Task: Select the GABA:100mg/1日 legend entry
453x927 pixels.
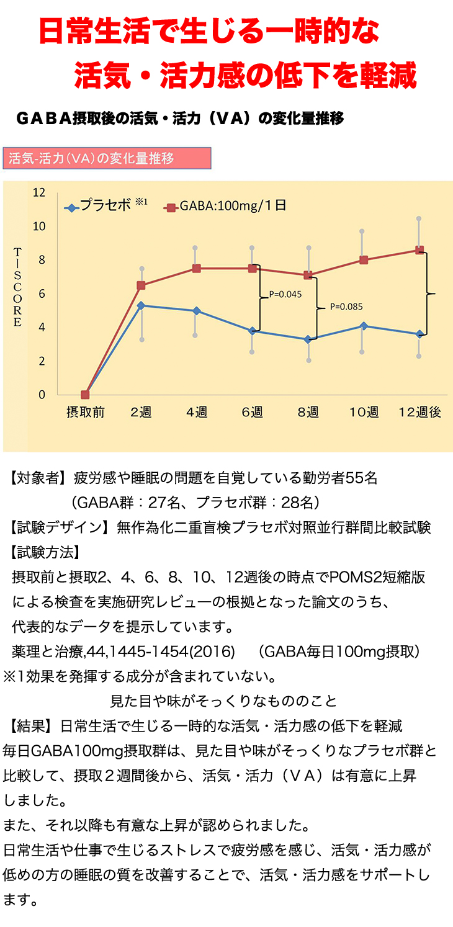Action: coord(226,206)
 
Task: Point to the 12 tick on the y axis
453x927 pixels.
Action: coord(39,192)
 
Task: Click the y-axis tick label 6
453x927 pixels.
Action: coord(42,293)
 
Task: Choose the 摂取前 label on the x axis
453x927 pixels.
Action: coord(85,413)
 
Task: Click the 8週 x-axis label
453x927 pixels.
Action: coord(308,413)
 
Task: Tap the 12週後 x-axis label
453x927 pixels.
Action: coord(419,413)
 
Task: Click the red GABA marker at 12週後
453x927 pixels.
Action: coord(419,250)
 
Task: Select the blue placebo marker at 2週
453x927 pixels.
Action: coord(141,305)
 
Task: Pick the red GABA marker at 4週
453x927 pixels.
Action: coord(196,268)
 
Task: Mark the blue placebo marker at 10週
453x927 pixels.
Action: coord(364,326)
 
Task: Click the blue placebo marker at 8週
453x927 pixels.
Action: coord(308,339)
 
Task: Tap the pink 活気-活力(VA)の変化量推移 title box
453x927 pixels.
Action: coord(107,158)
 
